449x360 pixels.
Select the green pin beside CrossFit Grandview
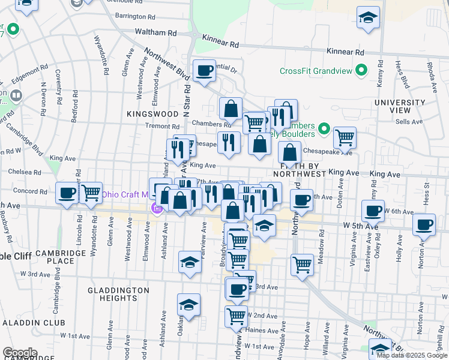[361, 71]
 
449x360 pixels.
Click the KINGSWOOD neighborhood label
[153, 113]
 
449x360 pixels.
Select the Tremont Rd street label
[163, 127]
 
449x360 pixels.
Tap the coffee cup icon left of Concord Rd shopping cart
[67, 193]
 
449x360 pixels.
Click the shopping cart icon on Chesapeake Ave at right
[345, 137]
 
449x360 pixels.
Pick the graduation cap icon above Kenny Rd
[368, 18]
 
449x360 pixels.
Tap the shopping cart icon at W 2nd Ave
[236, 316]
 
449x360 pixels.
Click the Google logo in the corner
[19, 353]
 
